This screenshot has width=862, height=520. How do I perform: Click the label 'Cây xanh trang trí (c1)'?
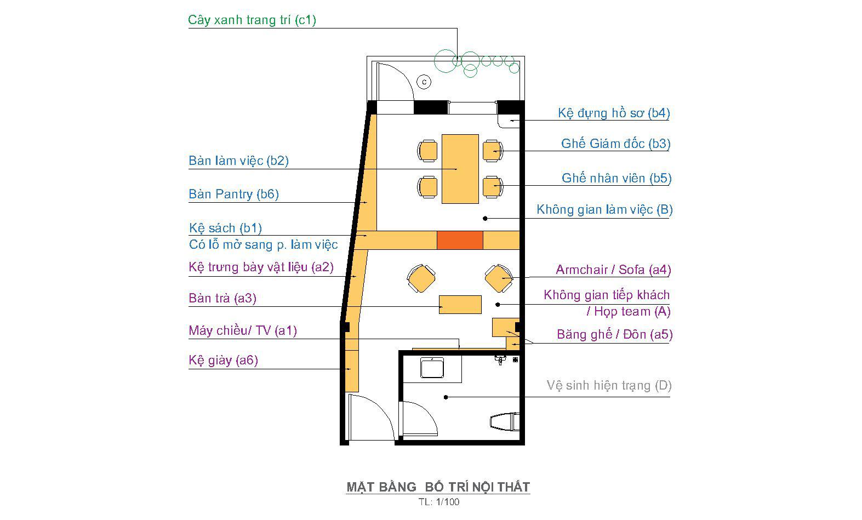coord(252,20)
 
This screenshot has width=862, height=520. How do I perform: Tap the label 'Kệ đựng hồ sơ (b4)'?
coord(614,113)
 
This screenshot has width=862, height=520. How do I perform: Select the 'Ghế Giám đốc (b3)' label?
coord(616,144)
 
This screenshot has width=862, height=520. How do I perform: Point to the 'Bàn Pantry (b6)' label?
coord(233,194)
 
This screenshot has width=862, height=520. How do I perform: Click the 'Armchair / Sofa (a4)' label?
coord(613,270)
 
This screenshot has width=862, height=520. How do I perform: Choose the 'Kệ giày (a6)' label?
coord(223,360)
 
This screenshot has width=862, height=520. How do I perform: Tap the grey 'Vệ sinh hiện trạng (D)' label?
coord(609,385)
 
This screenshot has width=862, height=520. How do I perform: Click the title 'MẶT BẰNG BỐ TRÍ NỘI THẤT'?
coord(438,487)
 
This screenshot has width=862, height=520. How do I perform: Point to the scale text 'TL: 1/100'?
coord(439,502)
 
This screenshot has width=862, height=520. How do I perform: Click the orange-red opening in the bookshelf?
coord(460,240)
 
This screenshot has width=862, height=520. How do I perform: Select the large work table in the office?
coord(460,169)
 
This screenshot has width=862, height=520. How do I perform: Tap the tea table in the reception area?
coord(460,305)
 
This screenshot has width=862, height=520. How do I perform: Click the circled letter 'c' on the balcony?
coord(424,82)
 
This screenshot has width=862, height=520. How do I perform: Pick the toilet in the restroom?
coord(505,422)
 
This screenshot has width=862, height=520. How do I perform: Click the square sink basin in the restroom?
coord(432,368)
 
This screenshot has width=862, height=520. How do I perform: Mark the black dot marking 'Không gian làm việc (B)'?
coord(486,219)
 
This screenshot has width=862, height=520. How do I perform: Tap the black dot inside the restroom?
coord(446,397)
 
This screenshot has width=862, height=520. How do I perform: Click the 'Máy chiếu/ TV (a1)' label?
coord(243,330)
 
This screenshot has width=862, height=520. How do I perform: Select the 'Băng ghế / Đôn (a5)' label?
coord(614,334)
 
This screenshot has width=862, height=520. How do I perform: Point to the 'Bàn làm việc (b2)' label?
coord(238,161)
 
